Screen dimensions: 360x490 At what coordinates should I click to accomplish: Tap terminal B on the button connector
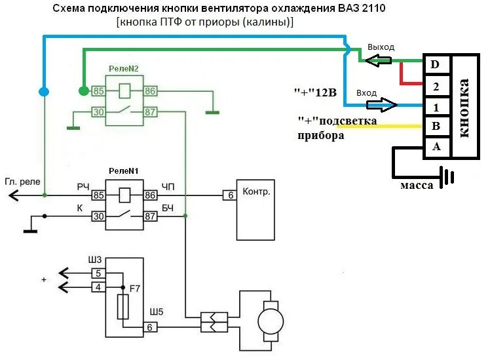tap(436, 125)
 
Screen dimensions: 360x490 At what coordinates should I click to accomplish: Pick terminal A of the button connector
tap(436, 146)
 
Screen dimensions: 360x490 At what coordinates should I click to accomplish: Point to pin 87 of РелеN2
tap(150, 111)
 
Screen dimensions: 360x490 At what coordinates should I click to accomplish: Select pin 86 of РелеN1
tap(150, 195)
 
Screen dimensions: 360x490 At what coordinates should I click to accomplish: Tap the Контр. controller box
tap(256, 209)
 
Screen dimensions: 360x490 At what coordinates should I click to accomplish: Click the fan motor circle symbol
tap(269, 321)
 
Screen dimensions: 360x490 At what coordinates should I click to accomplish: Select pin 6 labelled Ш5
tap(151, 327)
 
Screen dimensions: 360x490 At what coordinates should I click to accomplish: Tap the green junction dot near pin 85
tap(83, 90)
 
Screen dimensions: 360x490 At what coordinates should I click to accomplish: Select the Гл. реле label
tap(21, 182)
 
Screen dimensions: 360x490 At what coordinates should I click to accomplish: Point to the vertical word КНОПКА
tap(465, 108)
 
